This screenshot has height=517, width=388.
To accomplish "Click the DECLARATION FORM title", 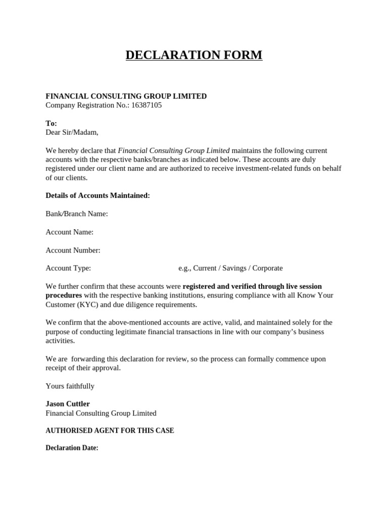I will [194, 55].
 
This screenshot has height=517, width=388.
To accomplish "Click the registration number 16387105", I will [147, 105].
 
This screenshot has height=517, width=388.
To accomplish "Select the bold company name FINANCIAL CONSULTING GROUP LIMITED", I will [126, 96].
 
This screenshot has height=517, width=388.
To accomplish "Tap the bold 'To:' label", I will [52, 123].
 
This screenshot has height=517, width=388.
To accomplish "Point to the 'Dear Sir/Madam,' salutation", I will [72, 132].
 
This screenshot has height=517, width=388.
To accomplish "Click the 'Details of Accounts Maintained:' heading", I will [98, 195].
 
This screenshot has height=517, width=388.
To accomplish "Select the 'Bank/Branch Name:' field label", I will [77, 214].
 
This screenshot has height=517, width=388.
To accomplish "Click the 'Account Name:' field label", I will [70, 232].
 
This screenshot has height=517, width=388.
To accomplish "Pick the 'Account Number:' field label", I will [73, 250].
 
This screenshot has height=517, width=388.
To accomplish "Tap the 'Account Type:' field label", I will [68, 268].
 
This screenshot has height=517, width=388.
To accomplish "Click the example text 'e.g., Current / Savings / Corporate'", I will [230, 268].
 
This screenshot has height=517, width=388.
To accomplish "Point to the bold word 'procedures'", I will [64, 295].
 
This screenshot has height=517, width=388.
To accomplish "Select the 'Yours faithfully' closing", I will [70, 386].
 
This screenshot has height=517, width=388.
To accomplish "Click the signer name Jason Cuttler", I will [68, 404].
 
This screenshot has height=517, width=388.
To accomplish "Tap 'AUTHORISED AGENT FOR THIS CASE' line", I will [110, 431].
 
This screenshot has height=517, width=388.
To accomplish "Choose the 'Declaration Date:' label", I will [72, 448].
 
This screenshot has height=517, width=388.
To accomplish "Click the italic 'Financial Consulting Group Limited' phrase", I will [174, 150].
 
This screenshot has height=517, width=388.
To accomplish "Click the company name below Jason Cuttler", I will [101, 413].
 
